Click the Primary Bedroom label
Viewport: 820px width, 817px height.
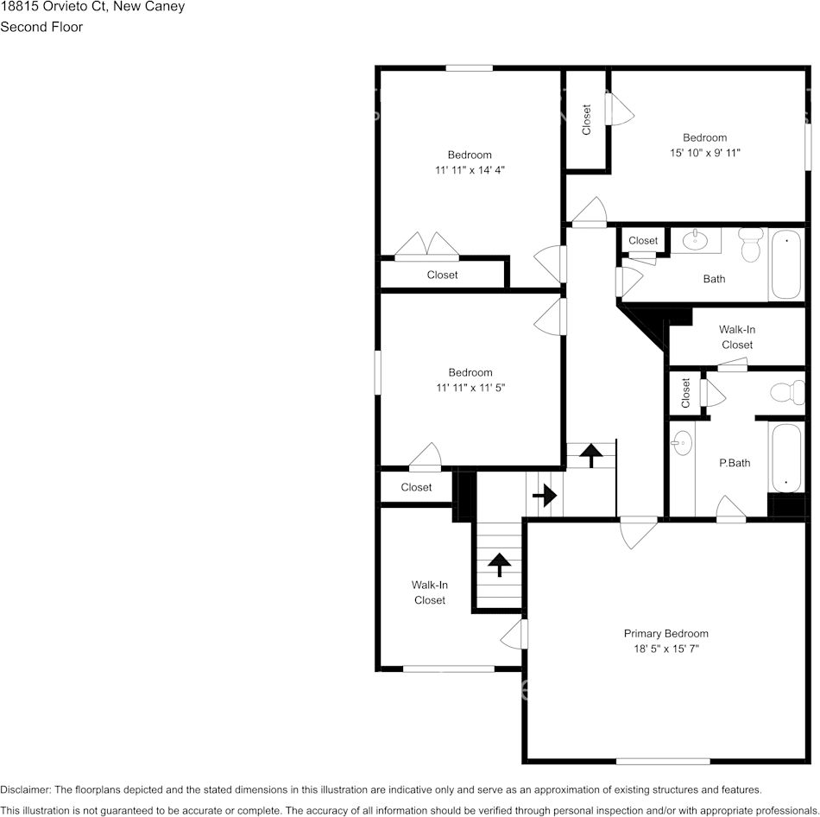(x=665, y=633)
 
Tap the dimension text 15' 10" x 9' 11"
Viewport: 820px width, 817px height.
(x=705, y=153)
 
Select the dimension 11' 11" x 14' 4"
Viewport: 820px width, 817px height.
(x=470, y=170)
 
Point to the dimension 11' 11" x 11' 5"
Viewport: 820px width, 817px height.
(x=470, y=388)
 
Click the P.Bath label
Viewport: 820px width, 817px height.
(x=735, y=463)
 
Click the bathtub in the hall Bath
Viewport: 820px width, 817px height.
(x=785, y=264)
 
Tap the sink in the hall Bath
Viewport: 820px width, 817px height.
(x=695, y=240)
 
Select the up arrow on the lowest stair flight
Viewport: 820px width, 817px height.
(x=499, y=565)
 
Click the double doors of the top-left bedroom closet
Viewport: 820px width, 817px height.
(x=427, y=246)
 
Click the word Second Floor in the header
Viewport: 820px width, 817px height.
(x=41, y=27)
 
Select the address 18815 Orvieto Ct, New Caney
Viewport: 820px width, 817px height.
(x=92, y=7)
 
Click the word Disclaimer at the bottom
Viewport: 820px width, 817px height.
(x=26, y=789)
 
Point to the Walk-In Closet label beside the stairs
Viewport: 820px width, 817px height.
(x=429, y=592)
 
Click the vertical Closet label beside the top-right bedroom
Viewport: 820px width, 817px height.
(x=587, y=120)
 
